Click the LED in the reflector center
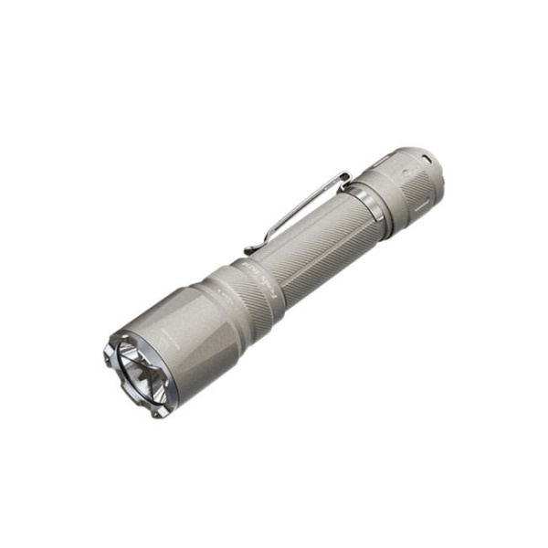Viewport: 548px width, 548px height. pyautogui.click(x=140, y=373)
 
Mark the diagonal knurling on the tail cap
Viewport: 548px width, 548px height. pyautogui.click(x=406, y=201)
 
